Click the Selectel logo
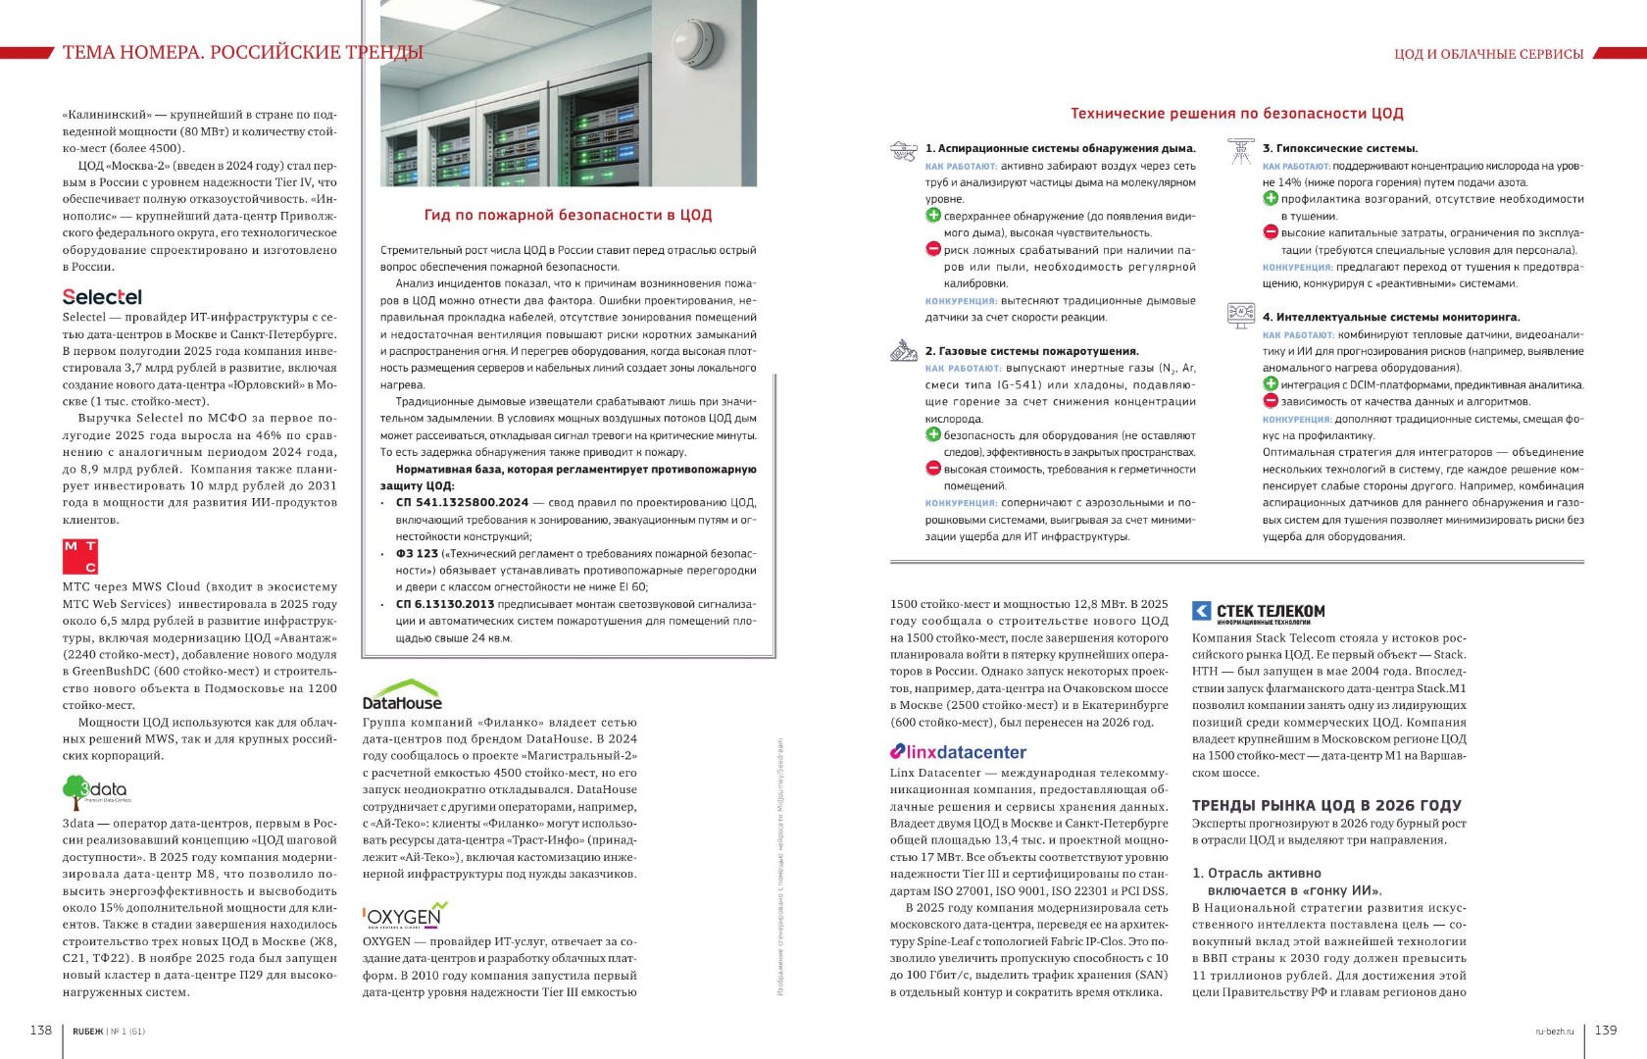coord(102,296)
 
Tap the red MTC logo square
coord(80,557)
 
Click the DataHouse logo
coord(402,695)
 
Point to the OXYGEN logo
coord(405,916)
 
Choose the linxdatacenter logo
coord(958,752)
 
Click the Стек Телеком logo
coord(1259,612)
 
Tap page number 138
coord(40,1030)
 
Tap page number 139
coord(1606,1030)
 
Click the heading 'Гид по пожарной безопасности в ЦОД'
coord(568,215)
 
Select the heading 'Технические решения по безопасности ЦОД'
coord(1236,114)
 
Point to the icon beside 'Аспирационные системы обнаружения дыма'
coord(904,151)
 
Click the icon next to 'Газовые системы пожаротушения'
coord(903,351)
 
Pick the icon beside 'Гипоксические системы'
coord(1241,151)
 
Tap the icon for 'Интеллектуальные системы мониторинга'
coord(1241,315)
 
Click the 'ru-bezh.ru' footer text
coord(1554,1032)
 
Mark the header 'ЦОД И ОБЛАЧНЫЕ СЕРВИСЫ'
coord(1488,54)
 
